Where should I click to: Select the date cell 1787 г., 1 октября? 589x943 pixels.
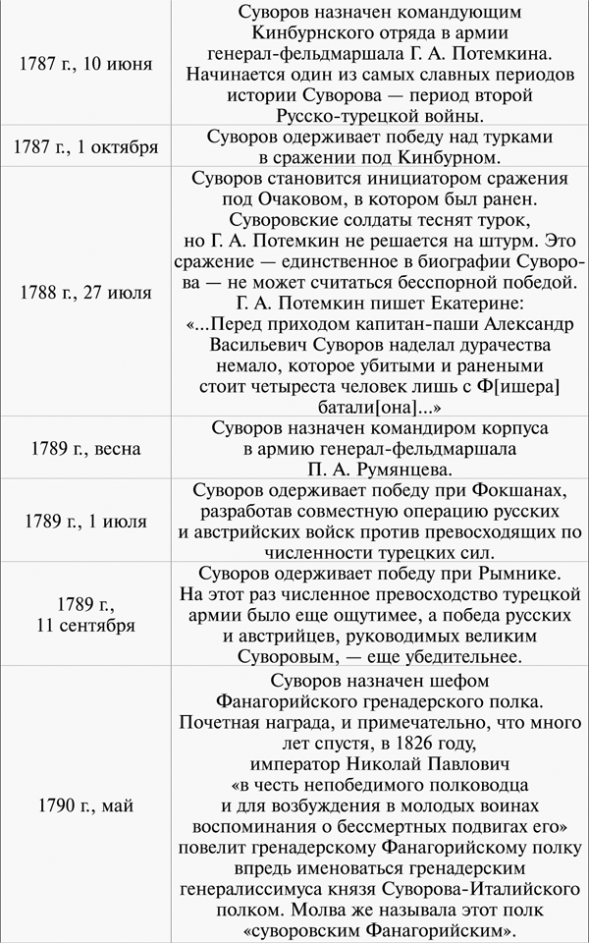point(85,147)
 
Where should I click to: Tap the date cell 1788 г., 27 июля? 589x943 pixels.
point(85,293)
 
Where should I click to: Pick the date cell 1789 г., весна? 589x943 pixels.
point(85,449)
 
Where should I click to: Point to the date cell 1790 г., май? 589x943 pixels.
point(85,805)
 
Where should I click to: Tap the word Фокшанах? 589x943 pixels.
point(514,489)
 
